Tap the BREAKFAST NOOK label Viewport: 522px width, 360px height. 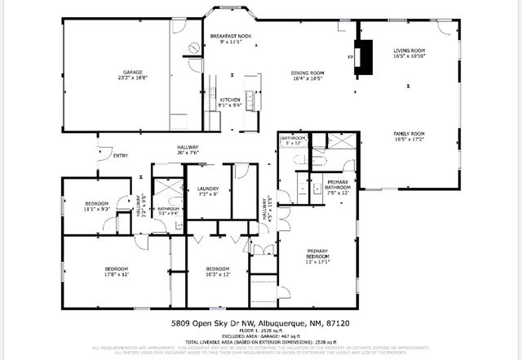(x=228, y=37)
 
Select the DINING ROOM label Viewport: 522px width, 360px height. (x=308, y=73)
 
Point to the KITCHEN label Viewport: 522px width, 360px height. (x=228, y=99)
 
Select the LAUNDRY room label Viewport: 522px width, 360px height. (x=208, y=189)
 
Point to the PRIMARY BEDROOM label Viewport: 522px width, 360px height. (x=318, y=253)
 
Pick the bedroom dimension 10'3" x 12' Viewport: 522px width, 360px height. (x=217, y=275)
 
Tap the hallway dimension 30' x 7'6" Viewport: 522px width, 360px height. (x=189, y=153)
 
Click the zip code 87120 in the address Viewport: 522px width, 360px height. (x=348, y=323)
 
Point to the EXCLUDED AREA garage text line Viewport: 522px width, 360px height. (x=261, y=336)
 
